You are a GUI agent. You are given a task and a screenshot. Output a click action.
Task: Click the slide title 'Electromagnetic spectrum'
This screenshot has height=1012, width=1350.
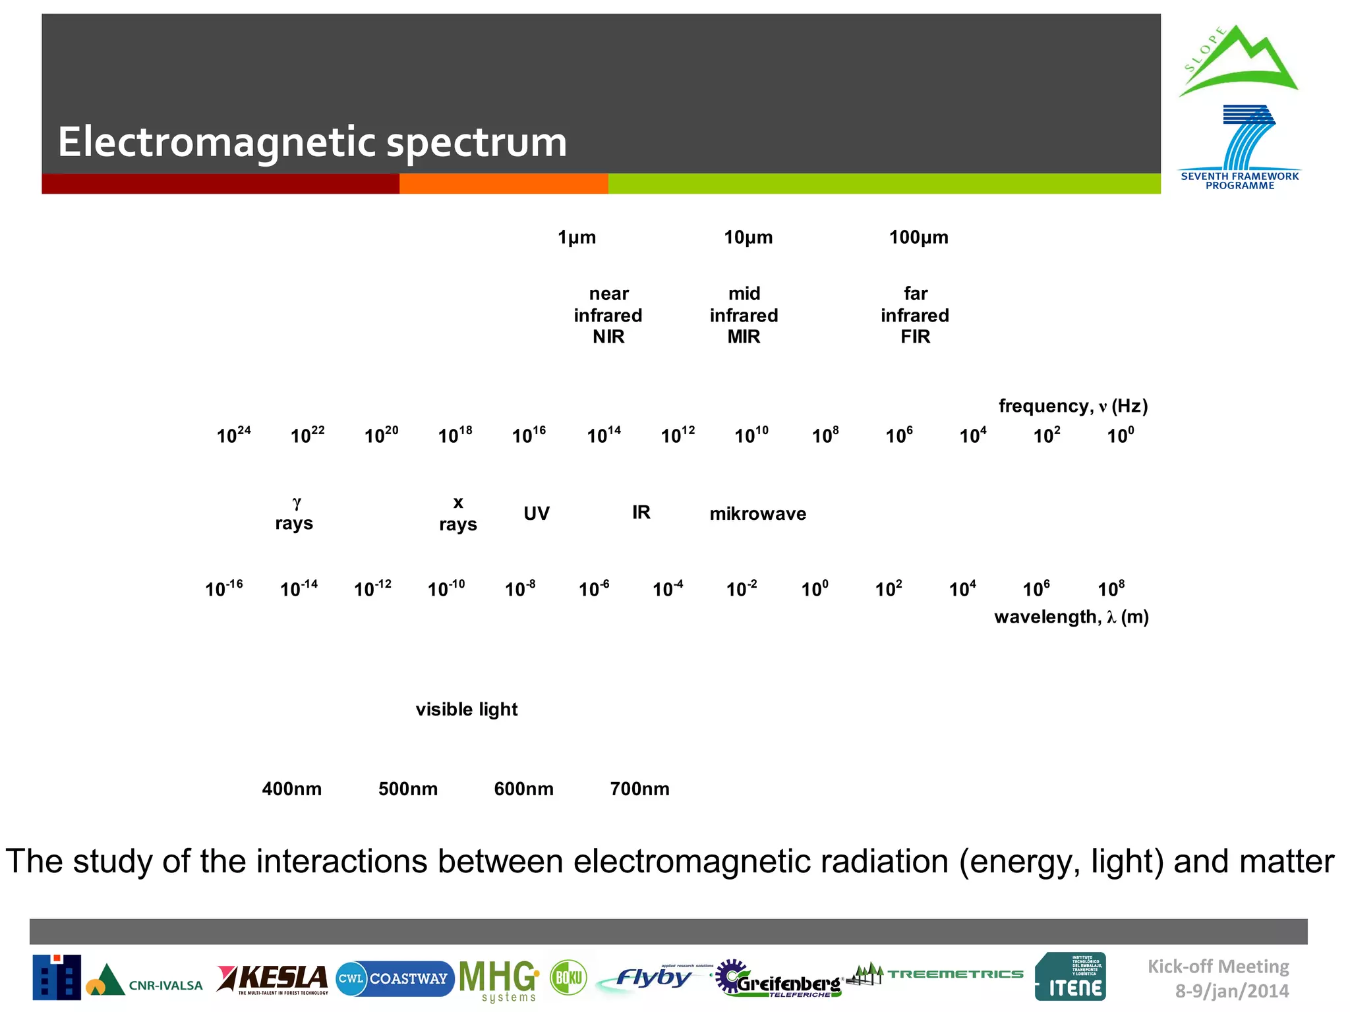pyautogui.click(x=312, y=142)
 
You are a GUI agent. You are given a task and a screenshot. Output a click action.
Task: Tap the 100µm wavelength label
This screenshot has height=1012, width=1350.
pyautogui.click(x=918, y=237)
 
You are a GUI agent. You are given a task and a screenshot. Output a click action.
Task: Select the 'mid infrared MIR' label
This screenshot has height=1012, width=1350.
pyautogui.click(x=744, y=315)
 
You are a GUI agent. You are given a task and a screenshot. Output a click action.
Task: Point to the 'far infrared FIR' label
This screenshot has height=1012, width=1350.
pyautogui.click(x=915, y=315)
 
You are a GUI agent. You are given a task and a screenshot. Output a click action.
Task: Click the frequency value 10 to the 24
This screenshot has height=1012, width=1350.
pyautogui.click(x=233, y=435)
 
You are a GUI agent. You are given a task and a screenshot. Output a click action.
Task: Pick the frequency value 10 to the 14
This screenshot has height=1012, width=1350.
pyautogui.click(x=604, y=435)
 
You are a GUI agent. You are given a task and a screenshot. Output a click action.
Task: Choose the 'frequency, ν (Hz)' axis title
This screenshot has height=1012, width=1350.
pyautogui.click(x=1072, y=406)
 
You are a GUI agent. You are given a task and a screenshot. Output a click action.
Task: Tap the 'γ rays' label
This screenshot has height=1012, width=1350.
pyautogui.click(x=294, y=513)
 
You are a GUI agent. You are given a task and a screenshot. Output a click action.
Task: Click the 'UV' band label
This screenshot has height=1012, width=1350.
pyautogui.click(x=536, y=513)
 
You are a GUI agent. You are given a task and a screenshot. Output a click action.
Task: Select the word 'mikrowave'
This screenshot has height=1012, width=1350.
pyautogui.click(x=757, y=513)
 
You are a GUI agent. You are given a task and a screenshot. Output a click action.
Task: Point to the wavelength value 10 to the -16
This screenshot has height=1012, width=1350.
pyautogui.click(x=223, y=588)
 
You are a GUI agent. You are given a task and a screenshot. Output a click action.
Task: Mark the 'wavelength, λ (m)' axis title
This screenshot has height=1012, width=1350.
pyautogui.click(x=1071, y=617)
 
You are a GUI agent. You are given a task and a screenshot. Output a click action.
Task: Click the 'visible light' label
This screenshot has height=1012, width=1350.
pyautogui.click(x=466, y=709)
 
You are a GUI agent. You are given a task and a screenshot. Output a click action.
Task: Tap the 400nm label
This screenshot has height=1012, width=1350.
pyautogui.click(x=291, y=789)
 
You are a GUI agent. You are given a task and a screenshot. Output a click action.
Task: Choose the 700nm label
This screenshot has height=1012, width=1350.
pyautogui.click(x=639, y=789)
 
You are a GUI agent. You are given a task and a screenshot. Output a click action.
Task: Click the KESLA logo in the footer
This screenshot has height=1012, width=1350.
pyautogui.click(x=272, y=979)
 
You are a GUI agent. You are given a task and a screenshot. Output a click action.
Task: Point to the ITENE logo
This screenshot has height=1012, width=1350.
pyautogui.click(x=1070, y=977)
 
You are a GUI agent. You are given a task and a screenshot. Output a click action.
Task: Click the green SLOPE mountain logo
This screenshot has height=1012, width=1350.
pyautogui.click(x=1238, y=61)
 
